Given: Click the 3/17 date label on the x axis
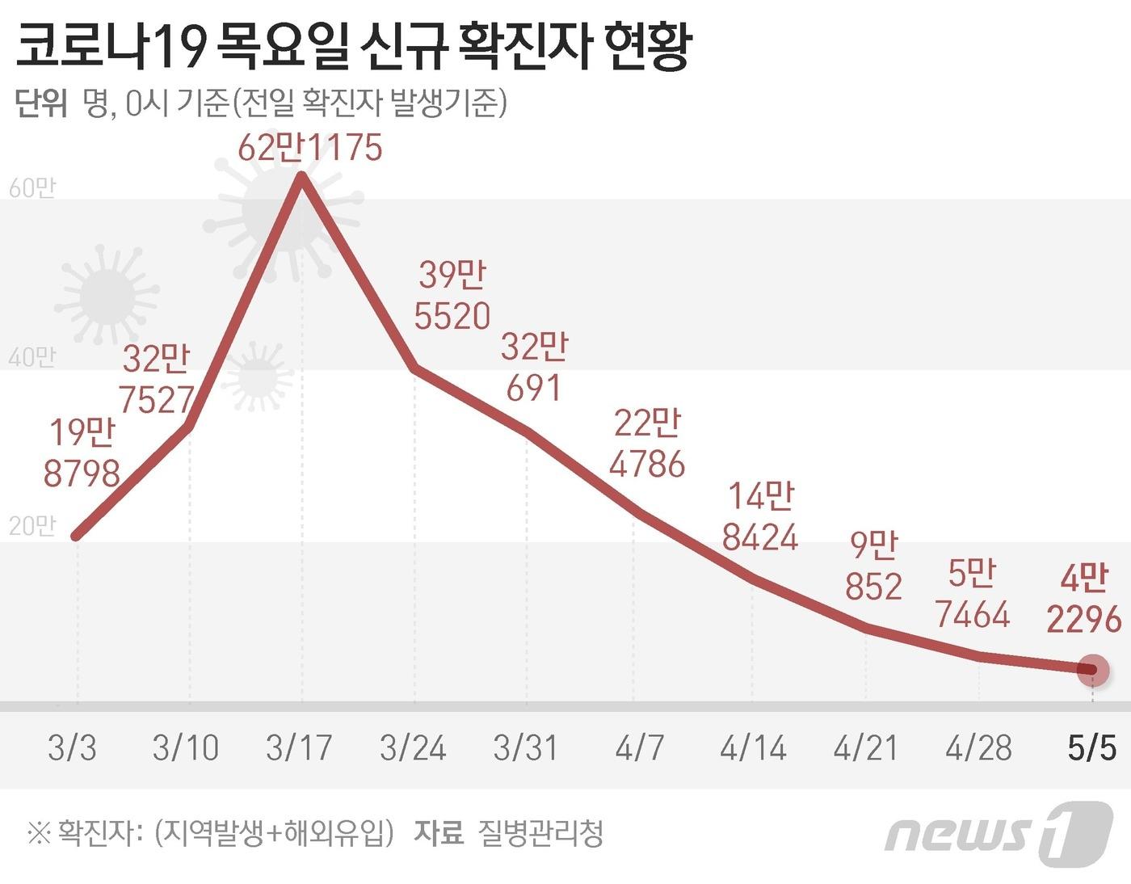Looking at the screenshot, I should coord(299,747).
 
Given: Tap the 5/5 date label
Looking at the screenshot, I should coord(1091,747).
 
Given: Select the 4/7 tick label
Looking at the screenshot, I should coord(639,747).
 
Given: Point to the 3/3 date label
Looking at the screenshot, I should coord(72,747).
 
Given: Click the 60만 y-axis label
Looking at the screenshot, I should coord(32,188).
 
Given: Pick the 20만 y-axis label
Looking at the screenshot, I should coord(32,526).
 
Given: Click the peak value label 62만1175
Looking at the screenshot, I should coord(310,148).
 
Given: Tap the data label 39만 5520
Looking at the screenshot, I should coord(452,296).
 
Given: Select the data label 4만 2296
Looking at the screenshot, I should coord(1084,599).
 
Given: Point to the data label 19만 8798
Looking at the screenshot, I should coord(82,453).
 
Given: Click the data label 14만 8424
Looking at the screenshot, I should coord(760,517).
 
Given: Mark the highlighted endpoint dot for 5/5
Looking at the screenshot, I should coord(1093,670).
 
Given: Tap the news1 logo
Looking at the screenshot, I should coord(999,833).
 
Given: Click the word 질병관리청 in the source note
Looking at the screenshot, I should coord(540,832).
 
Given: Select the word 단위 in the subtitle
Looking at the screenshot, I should coord(40,104).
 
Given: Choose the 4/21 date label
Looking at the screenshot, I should coord(865,747).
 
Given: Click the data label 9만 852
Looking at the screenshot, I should coord(873,566).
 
